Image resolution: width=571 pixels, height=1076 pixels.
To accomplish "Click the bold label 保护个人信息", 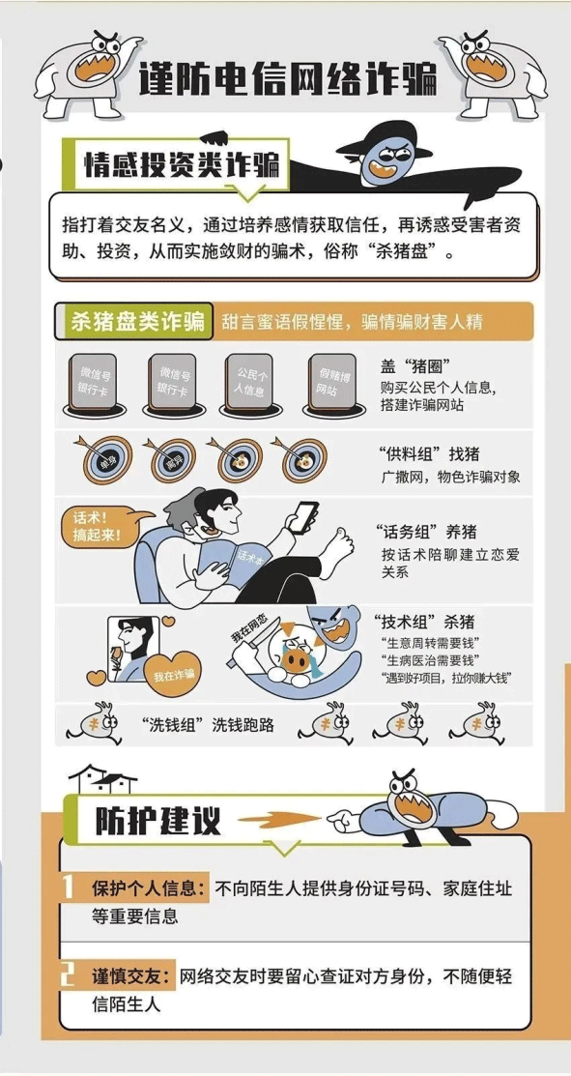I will (x=147, y=888).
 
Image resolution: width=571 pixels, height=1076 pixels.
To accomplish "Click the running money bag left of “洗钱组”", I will (x=98, y=723).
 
